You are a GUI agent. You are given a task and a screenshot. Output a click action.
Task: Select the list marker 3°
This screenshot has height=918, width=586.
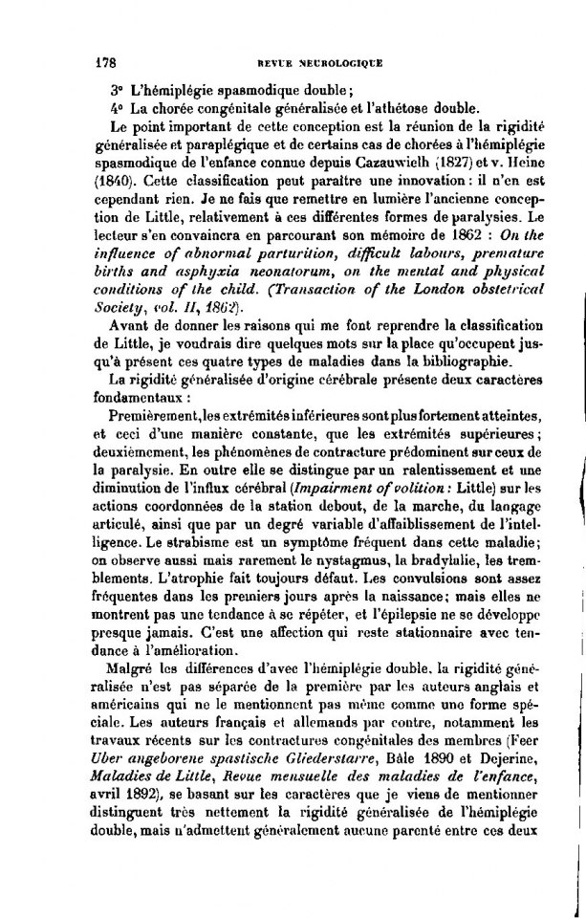point(119,90)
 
